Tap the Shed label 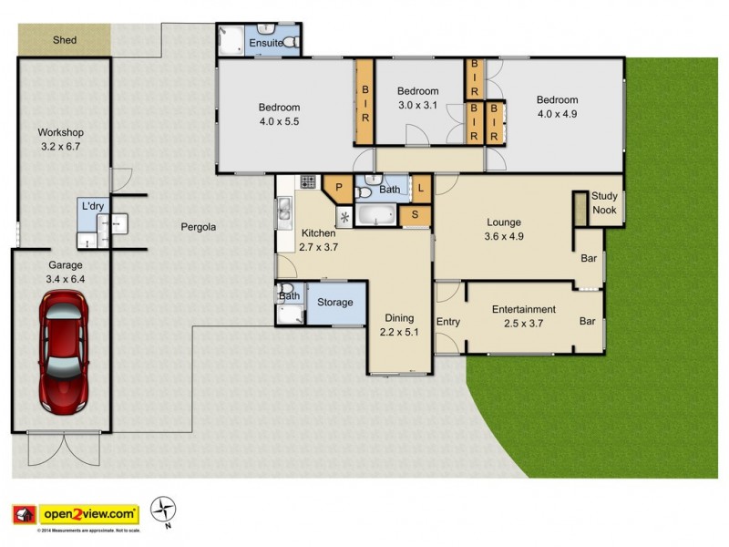tap(64, 40)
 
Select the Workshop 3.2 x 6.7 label tap(61, 139)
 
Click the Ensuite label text tap(264, 43)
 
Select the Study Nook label tap(604, 202)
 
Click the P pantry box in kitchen tap(338, 188)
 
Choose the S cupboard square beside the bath tap(415, 215)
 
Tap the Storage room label tap(335, 302)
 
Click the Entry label tap(448, 322)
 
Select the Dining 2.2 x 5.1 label tap(398, 325)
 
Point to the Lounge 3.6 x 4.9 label tap(503, 229)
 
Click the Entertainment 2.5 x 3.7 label tap(524, 315)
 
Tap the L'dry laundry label tap(92, 207)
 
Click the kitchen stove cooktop tap(308, 181)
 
